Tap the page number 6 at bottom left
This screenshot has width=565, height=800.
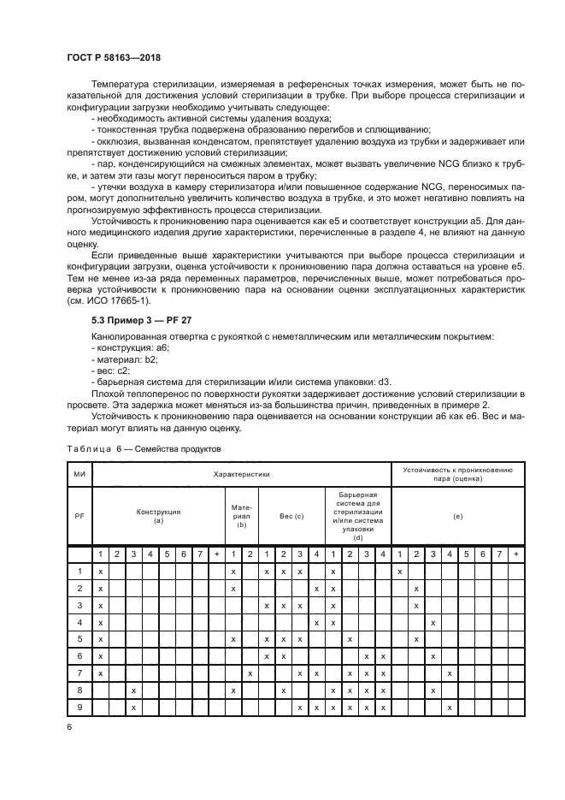(69, 726)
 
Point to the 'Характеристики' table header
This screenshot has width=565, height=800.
(241, 472)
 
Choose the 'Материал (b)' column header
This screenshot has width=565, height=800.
(241, 516)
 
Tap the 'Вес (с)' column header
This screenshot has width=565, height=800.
(291, 516)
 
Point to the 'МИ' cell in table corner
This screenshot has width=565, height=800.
(79, 472)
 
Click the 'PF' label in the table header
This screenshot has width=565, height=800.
(79, 516)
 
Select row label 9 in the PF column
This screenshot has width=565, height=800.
(79, 708)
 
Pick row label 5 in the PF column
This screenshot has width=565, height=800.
(79, 638)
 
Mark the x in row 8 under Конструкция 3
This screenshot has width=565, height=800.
(133, 690)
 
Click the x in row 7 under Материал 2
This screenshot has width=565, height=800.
(250, 673)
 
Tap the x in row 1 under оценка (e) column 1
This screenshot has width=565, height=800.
(399, 571)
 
